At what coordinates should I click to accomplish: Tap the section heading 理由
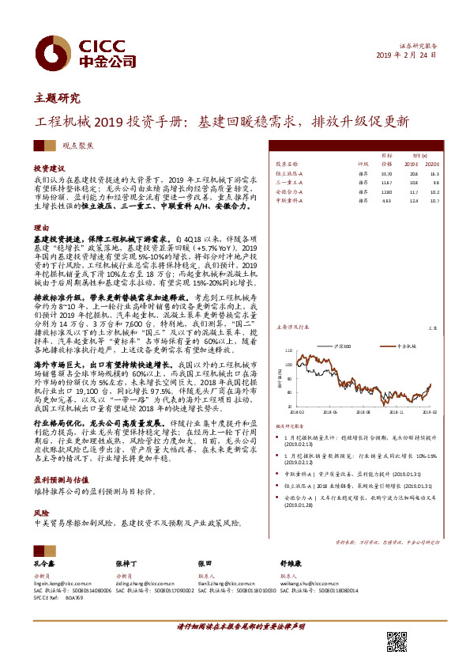click(x=40, y=226)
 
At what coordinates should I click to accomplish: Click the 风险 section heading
click(x=40, y=513)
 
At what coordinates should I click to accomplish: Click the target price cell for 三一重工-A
click(x=386, y=183)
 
